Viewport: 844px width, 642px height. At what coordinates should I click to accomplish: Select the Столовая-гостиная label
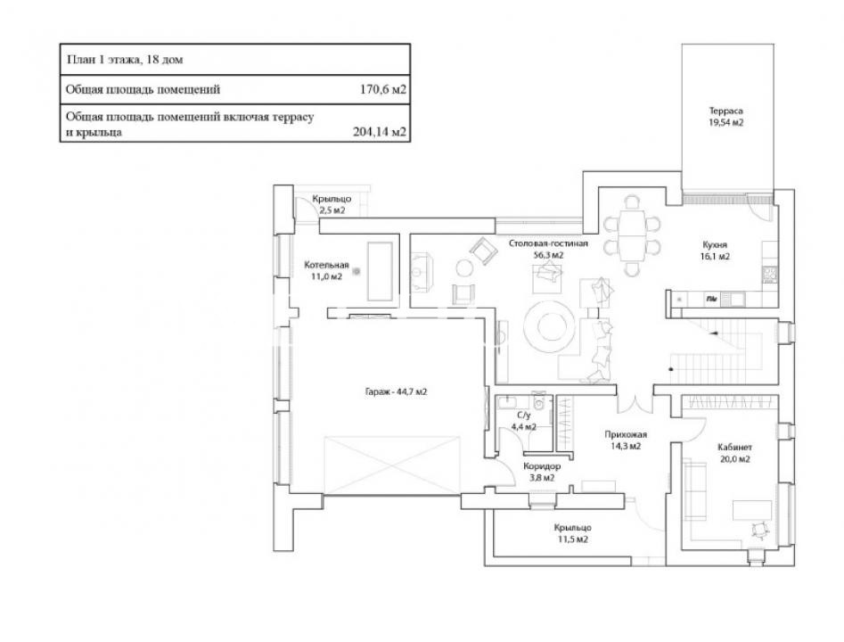(549, 243)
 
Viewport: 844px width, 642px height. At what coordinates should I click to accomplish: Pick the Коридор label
(530, 465)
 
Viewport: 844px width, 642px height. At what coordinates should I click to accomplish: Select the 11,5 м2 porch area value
(571, 539)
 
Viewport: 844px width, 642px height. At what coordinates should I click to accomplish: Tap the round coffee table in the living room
(549, 328)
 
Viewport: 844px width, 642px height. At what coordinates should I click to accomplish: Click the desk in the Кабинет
(752, 509)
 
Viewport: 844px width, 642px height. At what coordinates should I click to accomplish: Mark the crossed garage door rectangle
(392, 464)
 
